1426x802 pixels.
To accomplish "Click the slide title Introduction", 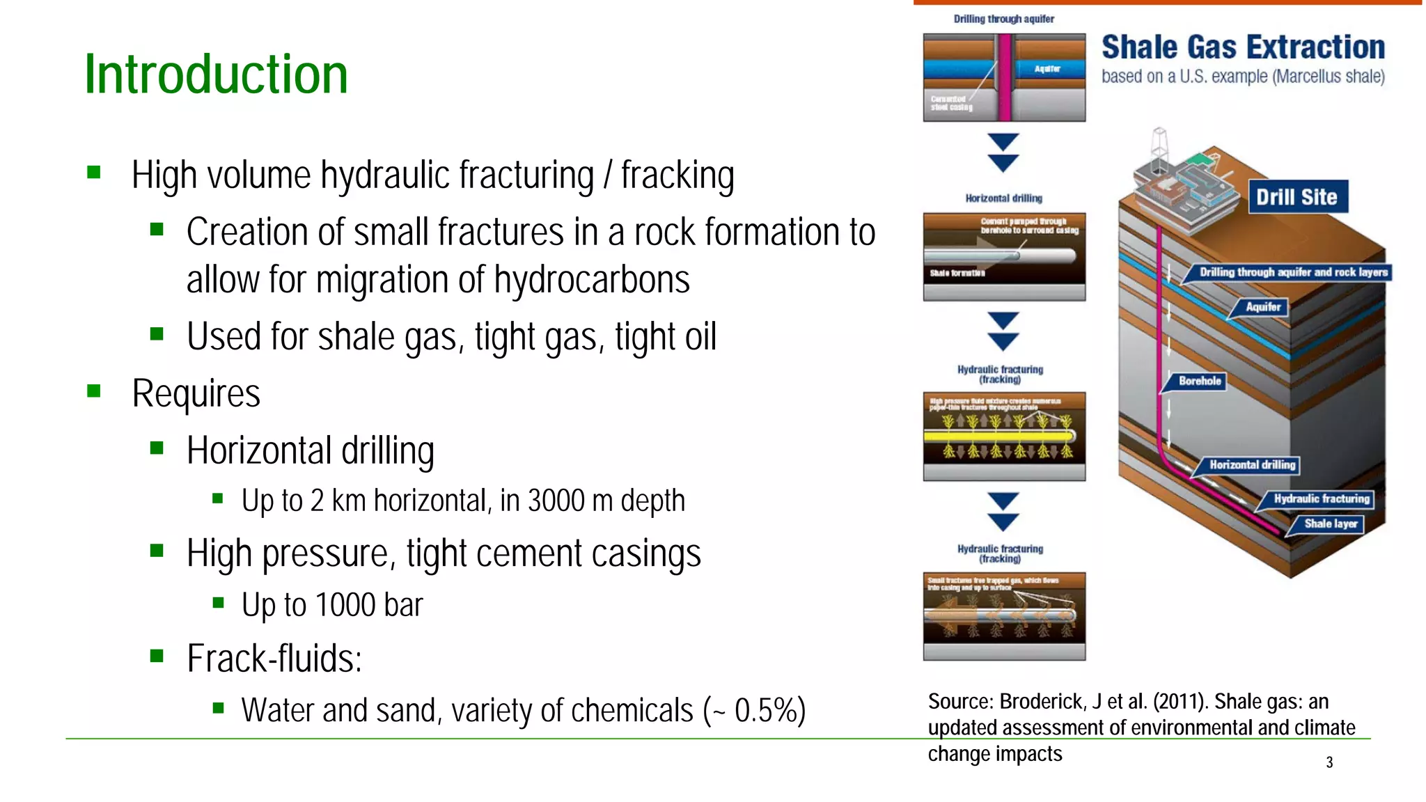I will tap(216, 74).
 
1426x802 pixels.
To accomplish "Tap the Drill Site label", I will tap(1296, 197).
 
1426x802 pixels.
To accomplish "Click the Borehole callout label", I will tap(1199, 381).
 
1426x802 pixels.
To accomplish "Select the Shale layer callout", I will tap(1330, 524).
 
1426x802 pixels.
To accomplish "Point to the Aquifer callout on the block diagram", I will tap(1262, 307).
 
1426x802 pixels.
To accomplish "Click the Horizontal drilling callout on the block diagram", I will tap(1251, 464).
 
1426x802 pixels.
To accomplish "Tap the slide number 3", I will tap(1329, 762).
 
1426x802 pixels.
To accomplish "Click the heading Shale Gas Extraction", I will tap(1243, 47).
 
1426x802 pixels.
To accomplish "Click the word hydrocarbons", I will tap(591, 280).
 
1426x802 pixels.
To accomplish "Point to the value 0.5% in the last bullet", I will tap(765, 711).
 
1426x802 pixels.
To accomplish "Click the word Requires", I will tap(196, 393).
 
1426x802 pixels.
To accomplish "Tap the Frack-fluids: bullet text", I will tap(274, 659).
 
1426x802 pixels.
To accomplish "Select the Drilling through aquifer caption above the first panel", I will tap(1003, 19).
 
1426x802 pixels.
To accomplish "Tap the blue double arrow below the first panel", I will tap(1003, 152).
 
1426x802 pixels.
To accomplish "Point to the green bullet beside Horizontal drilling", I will tap(157, 448).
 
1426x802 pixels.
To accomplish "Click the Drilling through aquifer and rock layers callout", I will tap(1293, 272).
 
